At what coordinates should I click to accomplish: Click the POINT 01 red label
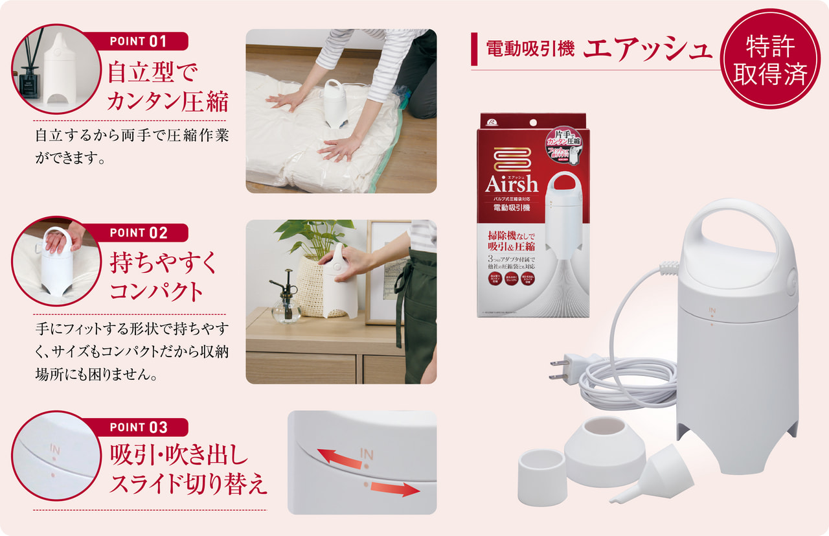[x=139, y=41]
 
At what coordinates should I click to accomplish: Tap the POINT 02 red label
[x=139, y=233]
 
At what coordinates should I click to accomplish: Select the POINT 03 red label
[x=139, y=427]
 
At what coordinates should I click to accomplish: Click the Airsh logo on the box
[x=512, y=184]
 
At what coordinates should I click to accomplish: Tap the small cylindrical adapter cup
[x=542, y=476]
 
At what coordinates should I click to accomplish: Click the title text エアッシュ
[x=648, y=49]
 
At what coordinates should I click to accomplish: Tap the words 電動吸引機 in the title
[x=530, y=49]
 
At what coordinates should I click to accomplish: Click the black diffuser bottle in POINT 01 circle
[x=30, y=81]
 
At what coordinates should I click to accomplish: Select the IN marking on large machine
[x=711, y=311]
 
